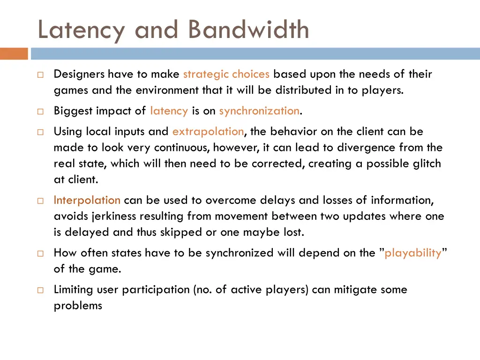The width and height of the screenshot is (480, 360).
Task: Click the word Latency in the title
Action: click(x=81, y=30)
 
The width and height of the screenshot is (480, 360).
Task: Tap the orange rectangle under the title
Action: click(x=14, y=53)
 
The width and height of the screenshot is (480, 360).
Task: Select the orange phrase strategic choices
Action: click(x=226, y=74)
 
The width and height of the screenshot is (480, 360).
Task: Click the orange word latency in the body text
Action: click(x=169, y=111)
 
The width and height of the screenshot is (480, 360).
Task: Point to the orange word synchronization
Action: click(x=259, y=111)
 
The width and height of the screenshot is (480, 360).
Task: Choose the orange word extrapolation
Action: click(x=208, y=132)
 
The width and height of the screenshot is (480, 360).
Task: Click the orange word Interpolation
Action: click(x=87, y=200)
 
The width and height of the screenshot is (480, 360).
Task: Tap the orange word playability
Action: click(x=412, y=253)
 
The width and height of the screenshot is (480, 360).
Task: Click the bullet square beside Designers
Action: click(x=40, y=75)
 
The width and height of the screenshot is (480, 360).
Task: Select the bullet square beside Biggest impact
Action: click(x=40, y=112)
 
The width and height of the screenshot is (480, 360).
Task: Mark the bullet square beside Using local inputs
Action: click(x=40, y=132)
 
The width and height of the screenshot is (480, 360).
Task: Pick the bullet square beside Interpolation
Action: click(x=40, y=201)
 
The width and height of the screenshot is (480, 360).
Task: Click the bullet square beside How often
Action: click(x=40, y=254)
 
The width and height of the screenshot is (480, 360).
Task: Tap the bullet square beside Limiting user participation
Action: click(x=40, y=290)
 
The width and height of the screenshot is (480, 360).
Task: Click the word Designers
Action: click(x=79, y=74)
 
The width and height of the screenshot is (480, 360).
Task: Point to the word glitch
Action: click(x=425, y=164)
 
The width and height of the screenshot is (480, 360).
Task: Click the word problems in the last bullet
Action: click(x=78, y=306)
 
